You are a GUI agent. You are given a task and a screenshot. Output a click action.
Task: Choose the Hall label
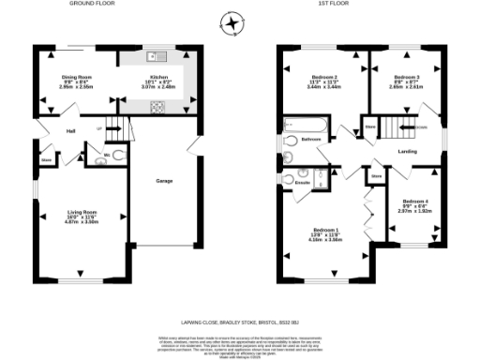click(x=70, y=131)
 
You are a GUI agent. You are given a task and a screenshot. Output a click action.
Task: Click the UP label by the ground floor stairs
click(x=99, y=128)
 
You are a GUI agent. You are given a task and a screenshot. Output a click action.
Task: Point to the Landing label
click(x=408, y=150)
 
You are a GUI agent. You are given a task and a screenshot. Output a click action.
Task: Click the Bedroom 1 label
click(x=326, y=231)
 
